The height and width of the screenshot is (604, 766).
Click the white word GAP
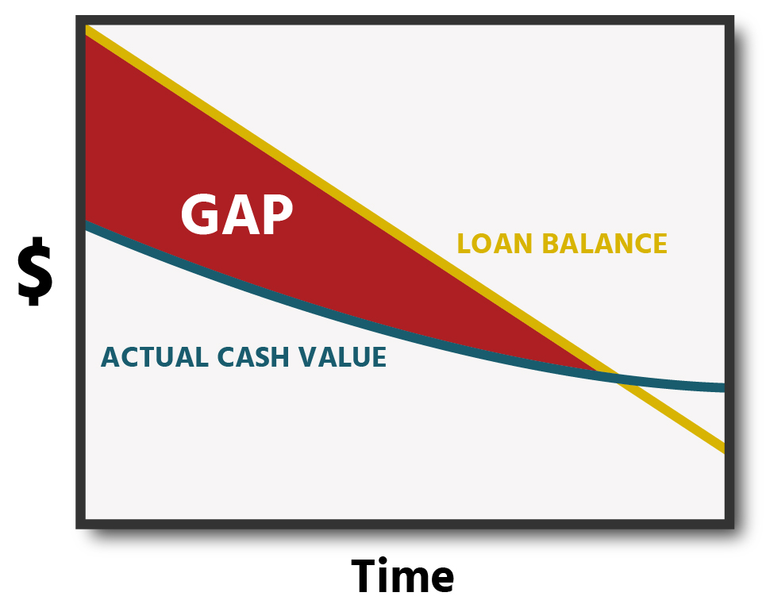coord(237,214)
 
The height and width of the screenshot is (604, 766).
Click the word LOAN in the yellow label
coord(495,244)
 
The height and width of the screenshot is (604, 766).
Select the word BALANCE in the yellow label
coord(605,244)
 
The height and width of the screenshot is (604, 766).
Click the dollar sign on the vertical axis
coord(35,271)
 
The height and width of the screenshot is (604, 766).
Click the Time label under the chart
coord(402,576)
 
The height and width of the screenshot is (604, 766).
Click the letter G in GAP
coord(199,214)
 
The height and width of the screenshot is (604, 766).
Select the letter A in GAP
coord(240,214)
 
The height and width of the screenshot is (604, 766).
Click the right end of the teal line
coord(724,387)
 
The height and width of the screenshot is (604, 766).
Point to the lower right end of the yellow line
coord(724,448)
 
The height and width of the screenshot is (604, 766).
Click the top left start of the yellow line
coord(87,30)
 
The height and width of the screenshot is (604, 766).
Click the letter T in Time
coord(368,576)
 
